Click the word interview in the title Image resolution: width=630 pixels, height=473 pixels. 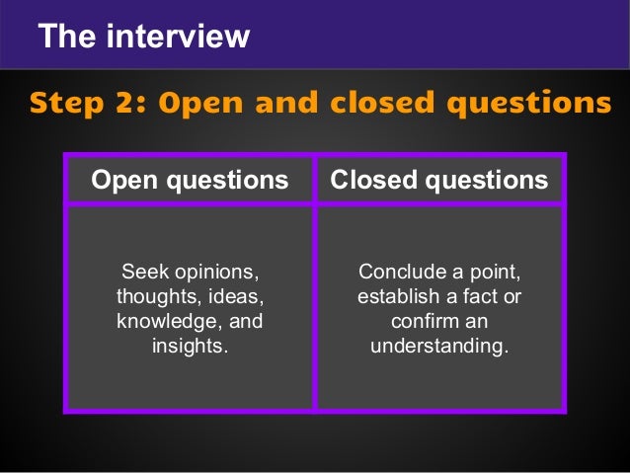pos(177,37)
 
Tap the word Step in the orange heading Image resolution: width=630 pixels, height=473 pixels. pos(67,102)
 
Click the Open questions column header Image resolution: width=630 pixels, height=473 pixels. pos(190,180)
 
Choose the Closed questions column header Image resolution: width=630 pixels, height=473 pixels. pos(438,180)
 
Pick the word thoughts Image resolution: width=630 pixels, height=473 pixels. pos(157,296)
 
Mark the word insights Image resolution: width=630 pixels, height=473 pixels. pos(189,347)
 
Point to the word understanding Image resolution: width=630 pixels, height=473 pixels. pos(438,347)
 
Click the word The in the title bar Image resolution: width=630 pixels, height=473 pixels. pos(64,37)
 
